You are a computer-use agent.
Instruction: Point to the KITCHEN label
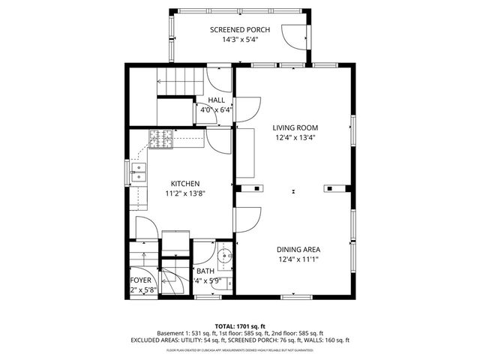coord(184,184)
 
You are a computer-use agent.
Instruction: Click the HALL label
coord(216,100)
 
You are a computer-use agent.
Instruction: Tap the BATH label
coord(205,271)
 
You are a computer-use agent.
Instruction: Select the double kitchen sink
coord(138,177)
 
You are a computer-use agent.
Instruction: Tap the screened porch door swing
coord(289,34)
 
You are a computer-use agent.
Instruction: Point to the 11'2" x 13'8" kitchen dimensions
coord(184,193)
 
